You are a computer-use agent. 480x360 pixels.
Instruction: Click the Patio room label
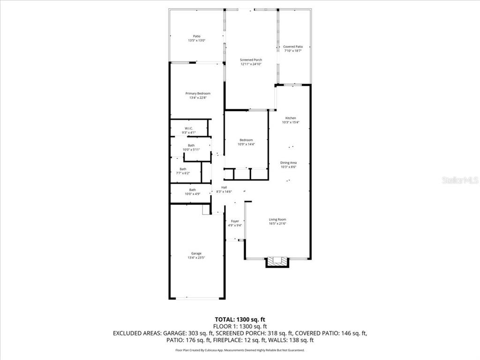pos(197,36)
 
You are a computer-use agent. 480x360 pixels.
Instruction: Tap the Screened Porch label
pos(251,60)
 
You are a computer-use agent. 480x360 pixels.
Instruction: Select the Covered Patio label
pos(293,47)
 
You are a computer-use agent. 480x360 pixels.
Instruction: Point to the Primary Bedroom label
pos(197,94)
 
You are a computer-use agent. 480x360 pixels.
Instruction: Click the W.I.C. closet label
pos(188,128)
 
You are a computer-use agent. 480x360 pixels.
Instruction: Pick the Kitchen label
pos(291,118)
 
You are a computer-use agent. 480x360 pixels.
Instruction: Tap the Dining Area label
pos(289,163)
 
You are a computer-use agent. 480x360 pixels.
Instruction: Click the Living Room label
pos(277,219)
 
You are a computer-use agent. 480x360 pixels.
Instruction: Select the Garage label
pos(196,254)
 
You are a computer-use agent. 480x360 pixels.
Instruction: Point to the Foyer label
pos(235,221)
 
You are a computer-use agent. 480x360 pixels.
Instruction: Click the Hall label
pos(224,187)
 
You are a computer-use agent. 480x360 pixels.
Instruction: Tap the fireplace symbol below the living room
pos(277,262)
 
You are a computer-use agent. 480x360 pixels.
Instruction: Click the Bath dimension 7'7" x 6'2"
pos(183,173)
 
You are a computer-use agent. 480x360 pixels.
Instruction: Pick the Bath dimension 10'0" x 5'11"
pos(191,150)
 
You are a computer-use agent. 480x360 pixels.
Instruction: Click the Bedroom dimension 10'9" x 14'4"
pos(246,144)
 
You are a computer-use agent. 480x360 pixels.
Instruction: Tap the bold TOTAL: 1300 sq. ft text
pos(240,319)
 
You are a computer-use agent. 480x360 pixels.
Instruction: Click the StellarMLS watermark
pos(461,180)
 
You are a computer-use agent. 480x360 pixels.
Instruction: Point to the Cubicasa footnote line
pos(240,350)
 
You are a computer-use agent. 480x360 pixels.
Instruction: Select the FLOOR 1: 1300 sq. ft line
pos(240,326)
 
